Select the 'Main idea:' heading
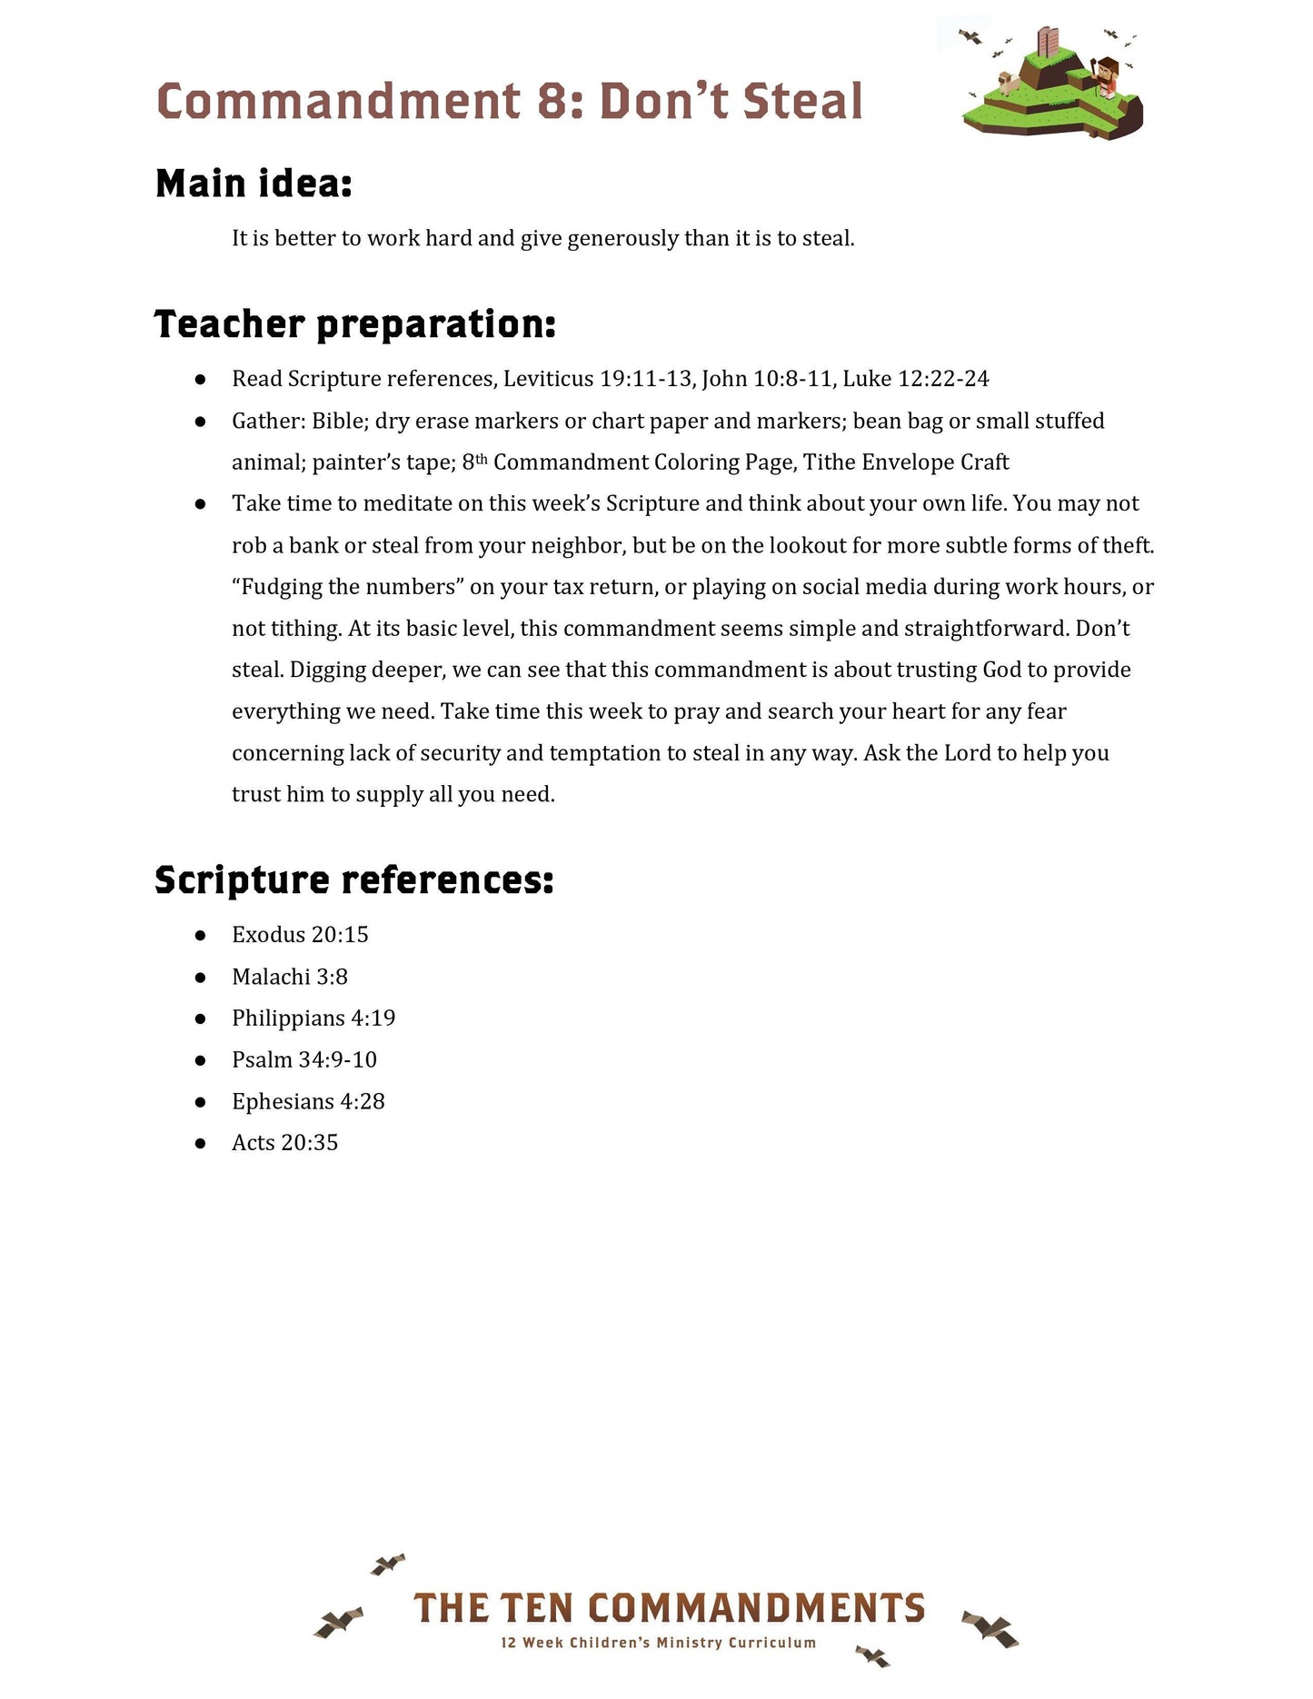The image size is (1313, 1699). (254, 184)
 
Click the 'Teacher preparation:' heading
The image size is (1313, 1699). (354, 324)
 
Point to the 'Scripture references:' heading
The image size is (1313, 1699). (353, 879)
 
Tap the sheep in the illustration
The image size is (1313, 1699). (1008, 83)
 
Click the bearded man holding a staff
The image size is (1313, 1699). (1106, 76)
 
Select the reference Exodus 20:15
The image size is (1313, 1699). (300, 935)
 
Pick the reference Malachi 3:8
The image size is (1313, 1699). (290, 977)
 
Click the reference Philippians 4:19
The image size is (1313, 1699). (313, 1018)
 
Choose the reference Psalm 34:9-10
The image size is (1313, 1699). (303, 1059)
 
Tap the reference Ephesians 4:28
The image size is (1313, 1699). (308, 1101)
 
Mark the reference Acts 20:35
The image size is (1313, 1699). (284, 1143)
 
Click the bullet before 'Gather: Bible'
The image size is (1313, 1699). (201, 422)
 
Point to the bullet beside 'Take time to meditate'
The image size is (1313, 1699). (201, 504)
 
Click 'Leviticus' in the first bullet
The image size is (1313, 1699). (548, 379)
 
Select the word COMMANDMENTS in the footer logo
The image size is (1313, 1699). (756, 1608)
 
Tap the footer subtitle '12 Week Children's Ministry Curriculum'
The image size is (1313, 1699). (658, 1643)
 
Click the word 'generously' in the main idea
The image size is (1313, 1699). (622, 239)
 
